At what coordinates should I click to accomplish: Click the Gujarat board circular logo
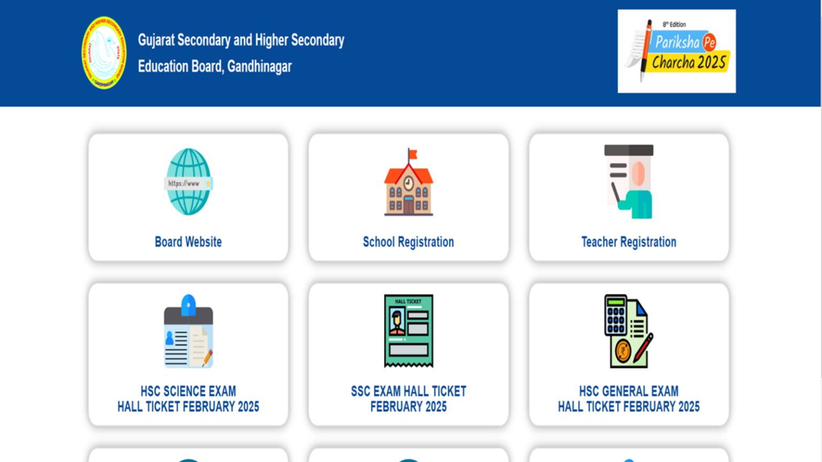tap(104, 52)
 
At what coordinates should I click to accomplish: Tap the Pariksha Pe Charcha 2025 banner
tap(676, 51)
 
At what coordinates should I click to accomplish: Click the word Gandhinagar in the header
tap(260, 67)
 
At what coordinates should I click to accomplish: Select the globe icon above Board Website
tap(188, 182)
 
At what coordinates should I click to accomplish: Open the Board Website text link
tap(188, 242)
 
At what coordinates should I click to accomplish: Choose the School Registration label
tap(408, 242)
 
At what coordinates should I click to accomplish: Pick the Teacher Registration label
tap(629, 242)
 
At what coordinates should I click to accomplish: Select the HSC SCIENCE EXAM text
tap(188, 391)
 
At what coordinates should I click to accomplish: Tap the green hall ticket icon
tap(408, 330)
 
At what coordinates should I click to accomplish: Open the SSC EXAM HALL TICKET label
tap(408, 391)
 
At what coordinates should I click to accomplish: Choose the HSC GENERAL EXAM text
tap(629, 391)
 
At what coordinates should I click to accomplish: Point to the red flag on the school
tap(413, 155)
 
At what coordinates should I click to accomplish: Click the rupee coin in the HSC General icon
tap(623, 352)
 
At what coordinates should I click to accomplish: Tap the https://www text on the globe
tap(184, 183)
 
